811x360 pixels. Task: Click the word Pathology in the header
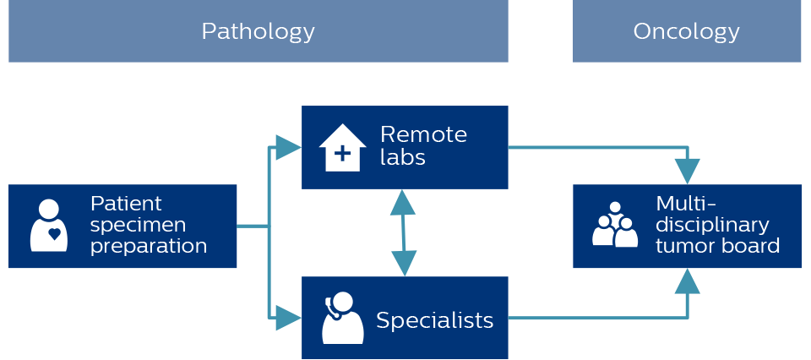point(259,32)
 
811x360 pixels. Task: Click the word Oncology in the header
point(686,32)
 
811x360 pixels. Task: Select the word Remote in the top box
point(423,134)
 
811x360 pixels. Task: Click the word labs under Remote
point(403,156)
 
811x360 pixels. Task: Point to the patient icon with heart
point(49,226)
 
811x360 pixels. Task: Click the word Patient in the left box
point(126,204)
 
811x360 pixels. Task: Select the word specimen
point(138,226)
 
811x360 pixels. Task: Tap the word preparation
point(149,246)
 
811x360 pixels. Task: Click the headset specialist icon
point(342,318)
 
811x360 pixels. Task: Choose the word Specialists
point(434,320)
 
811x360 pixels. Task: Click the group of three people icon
point(615,225)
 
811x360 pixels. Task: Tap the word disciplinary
point(713,225)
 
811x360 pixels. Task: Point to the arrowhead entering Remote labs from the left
point(288,147)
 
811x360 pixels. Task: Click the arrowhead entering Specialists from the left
point(288,318)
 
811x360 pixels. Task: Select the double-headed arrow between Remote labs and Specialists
point(404,232)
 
